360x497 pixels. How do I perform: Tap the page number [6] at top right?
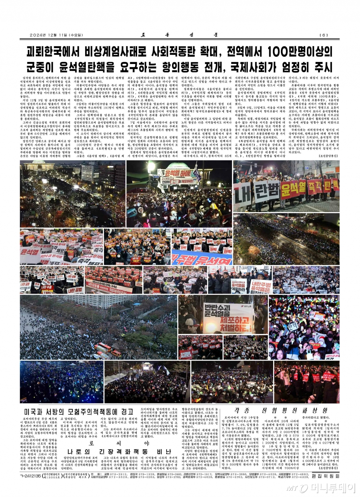[323, 35]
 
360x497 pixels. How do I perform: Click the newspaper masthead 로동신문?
[180, 35]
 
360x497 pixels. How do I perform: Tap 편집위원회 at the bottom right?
[325, 476]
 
